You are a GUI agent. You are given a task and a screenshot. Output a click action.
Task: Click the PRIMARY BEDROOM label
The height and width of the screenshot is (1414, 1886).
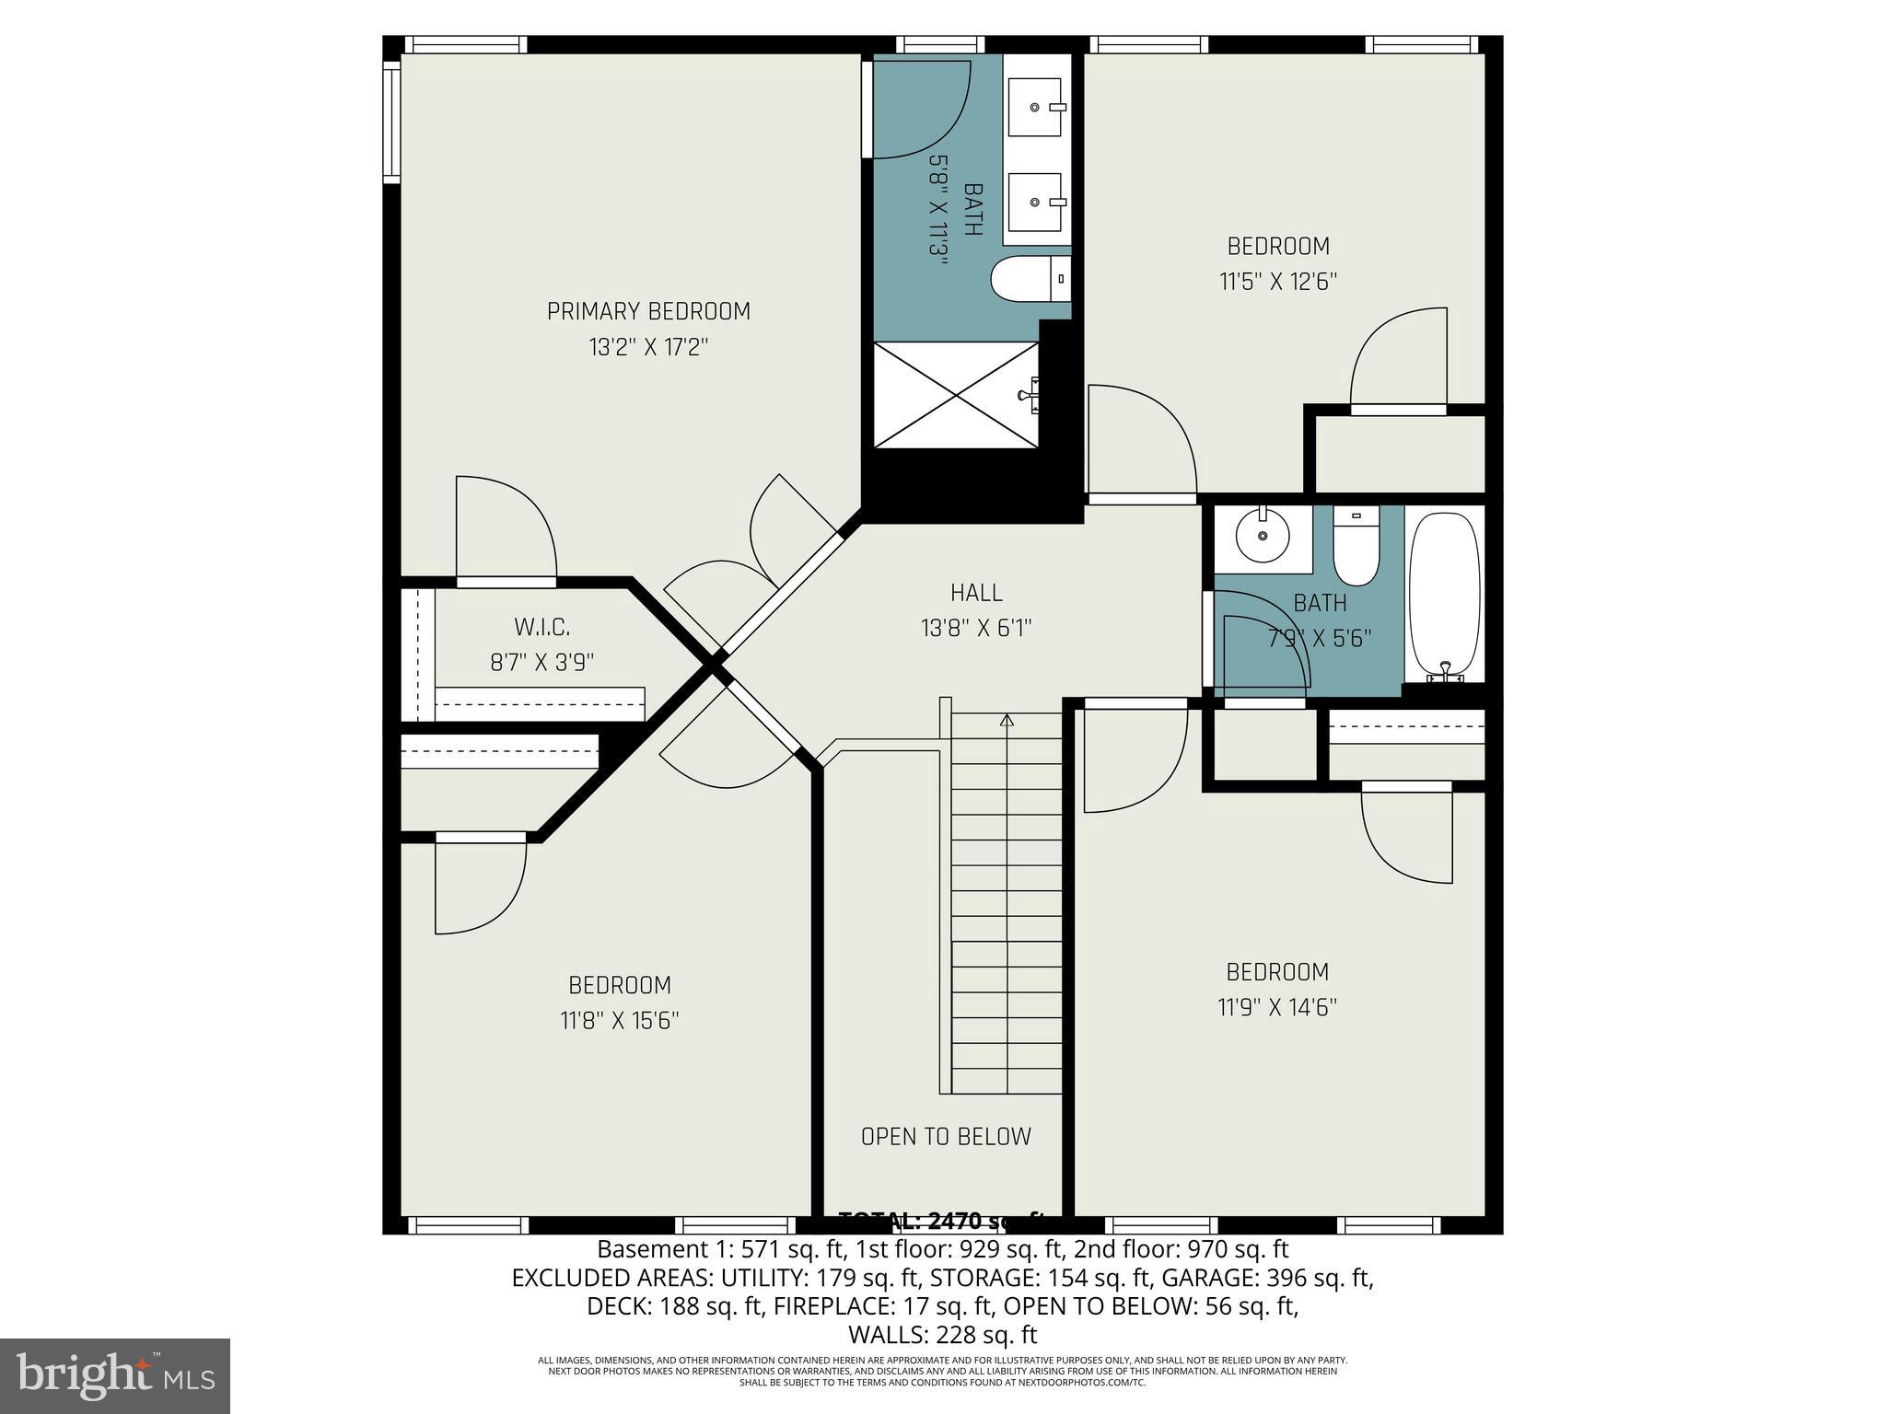[648, 311]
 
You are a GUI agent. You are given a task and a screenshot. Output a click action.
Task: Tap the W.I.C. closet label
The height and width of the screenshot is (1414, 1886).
[541, 628]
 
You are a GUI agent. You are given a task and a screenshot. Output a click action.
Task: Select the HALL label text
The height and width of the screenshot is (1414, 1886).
[976, 593]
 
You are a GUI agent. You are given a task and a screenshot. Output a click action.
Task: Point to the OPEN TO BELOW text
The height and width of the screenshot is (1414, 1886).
[946, 1137]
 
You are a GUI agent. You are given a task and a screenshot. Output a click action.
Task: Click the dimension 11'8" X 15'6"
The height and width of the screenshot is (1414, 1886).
[619, 1021]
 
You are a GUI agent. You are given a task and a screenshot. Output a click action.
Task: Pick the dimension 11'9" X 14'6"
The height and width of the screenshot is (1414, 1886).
[1277, 1007]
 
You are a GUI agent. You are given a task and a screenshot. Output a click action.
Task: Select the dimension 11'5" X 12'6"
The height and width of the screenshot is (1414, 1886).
[1278, 282]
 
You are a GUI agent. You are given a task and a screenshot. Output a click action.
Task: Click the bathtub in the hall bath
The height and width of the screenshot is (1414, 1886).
[1445, 594]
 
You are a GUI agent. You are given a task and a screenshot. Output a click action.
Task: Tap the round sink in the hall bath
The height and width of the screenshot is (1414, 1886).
[1262, 536]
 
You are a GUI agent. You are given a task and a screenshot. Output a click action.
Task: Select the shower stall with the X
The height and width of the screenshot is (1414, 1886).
[956, 395]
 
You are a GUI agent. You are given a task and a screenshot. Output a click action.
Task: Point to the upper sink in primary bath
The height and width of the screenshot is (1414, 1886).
[1036, 108]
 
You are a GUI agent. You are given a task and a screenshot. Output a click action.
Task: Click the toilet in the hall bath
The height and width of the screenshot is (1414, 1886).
[1356, 549]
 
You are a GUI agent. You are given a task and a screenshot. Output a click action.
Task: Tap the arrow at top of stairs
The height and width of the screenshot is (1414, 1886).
[1007, 720]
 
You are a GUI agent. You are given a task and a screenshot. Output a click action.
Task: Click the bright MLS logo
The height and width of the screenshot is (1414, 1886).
[115, 1375]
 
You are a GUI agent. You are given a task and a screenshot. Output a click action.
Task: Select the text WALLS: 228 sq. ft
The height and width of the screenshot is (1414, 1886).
[942, 1335]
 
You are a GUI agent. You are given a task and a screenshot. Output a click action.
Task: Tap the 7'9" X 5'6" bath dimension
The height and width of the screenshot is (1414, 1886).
[1320, 638]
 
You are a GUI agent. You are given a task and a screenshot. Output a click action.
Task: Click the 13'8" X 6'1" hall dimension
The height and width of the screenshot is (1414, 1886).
[976, 629]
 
